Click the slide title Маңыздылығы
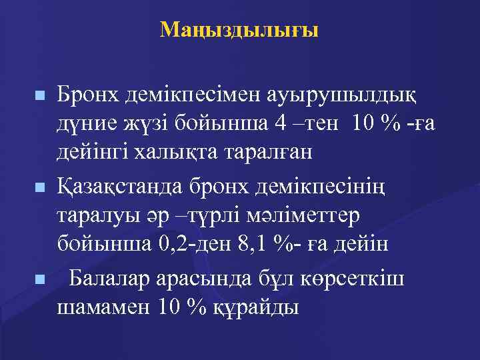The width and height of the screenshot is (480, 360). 240,29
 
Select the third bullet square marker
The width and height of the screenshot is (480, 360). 41,279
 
